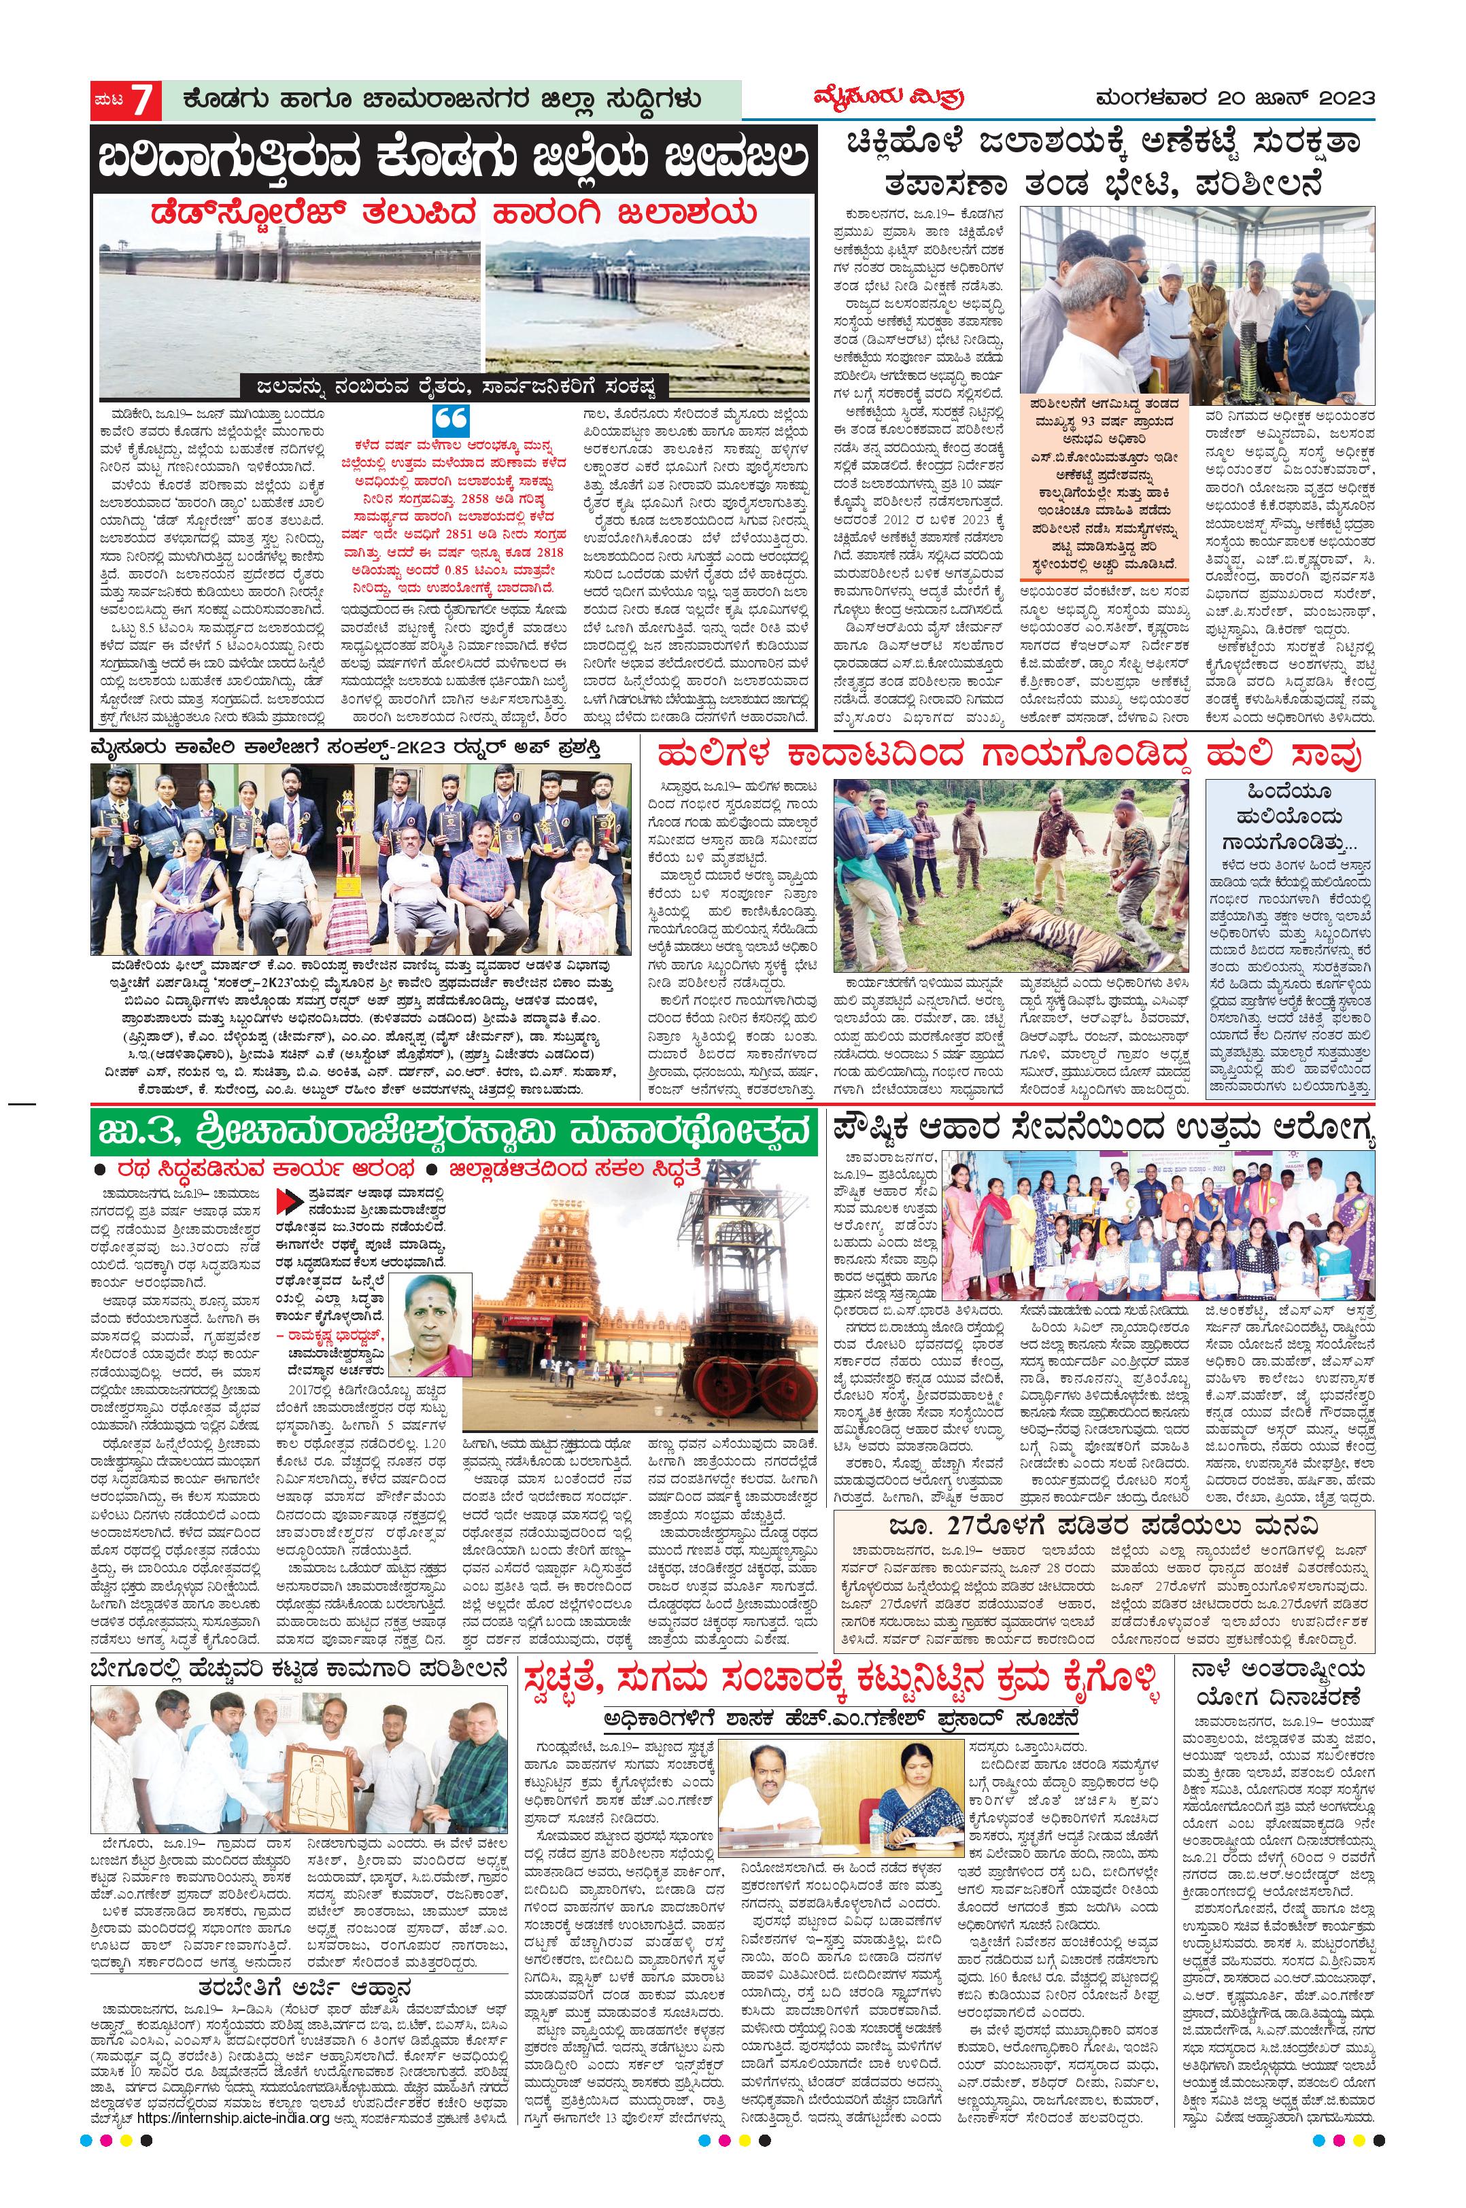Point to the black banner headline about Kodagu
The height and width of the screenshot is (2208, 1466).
click(x=453, y=160)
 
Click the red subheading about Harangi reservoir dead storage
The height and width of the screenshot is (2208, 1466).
click(x=453, y=213)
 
